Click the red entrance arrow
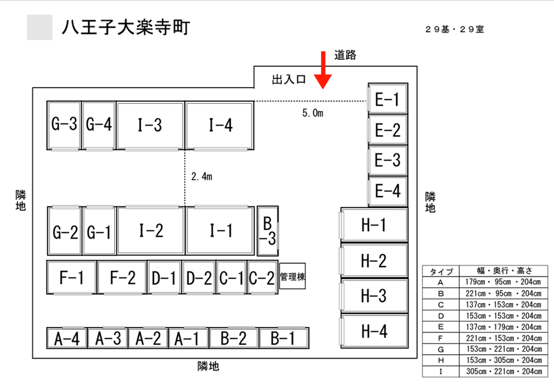(x=323, y=69)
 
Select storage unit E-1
(x=387, y=99)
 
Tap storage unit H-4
(x=374, y=331)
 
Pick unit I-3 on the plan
(x=150, y=125)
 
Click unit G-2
(x=65, y=231)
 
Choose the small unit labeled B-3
(x=268, y=231)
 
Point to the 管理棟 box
(x=292, y=276)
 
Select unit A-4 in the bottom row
(x=67, y=338)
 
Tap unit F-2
(x=122, y=277)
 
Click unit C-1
(x=232, y=277)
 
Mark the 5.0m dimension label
(x=313, y=113)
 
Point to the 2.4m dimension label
(x=202, y=176)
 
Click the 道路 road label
(x=345, y=55)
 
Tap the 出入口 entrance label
(x=289, y=80)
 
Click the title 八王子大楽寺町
(x=126, y=27)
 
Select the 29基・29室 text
(x=455, y=29)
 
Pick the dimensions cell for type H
(x=504, y=360)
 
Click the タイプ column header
(x=441, y=271)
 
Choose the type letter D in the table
(x=440, y=316)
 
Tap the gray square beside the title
(x=40, y=27)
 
